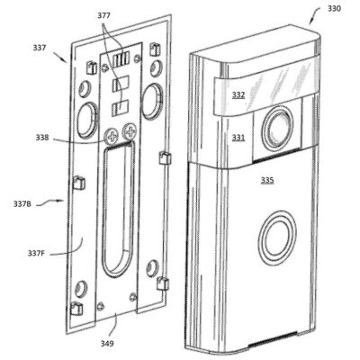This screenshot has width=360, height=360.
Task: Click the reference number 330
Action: (335, 8)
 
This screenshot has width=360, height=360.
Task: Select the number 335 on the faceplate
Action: (267, 180)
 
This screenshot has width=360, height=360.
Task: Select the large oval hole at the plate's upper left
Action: (89, 118)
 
